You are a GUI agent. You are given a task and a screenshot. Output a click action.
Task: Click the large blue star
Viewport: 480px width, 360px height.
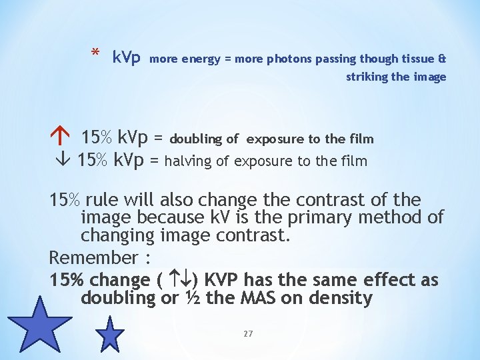point(39,325)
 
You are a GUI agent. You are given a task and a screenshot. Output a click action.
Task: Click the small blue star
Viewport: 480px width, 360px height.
point(110,333)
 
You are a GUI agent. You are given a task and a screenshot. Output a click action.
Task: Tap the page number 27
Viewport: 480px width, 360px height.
point(248,333)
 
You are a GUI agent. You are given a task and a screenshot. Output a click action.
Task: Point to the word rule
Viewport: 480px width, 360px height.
point(102,199)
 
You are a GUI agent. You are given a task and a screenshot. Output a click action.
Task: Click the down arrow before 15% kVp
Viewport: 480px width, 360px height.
point(58,161)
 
